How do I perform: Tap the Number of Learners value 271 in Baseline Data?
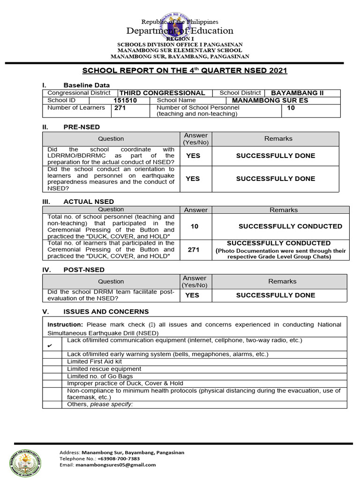(x=120, y=108)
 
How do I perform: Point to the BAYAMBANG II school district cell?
(x=297, y=93)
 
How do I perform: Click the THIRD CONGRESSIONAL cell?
(x=162, y=93)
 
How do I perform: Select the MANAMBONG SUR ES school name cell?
(x=274, y=100)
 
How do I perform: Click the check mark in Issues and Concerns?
(x=50, y=346)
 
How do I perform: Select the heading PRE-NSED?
(x=82, y=127)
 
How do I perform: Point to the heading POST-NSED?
(x=84, y=270)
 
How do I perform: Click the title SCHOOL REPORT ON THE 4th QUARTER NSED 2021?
(x=185, y=71)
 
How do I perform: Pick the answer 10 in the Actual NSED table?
(x=195, y=226)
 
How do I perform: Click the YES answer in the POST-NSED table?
(x=192, y=295)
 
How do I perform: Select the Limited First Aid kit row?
(x=94, y=361)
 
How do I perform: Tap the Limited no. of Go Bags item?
(x=100, y=376)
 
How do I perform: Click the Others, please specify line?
(x=100, y=404)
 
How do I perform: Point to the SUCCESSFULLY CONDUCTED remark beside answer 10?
(x=290, y=226)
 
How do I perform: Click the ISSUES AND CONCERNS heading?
(x=106, y=312)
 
